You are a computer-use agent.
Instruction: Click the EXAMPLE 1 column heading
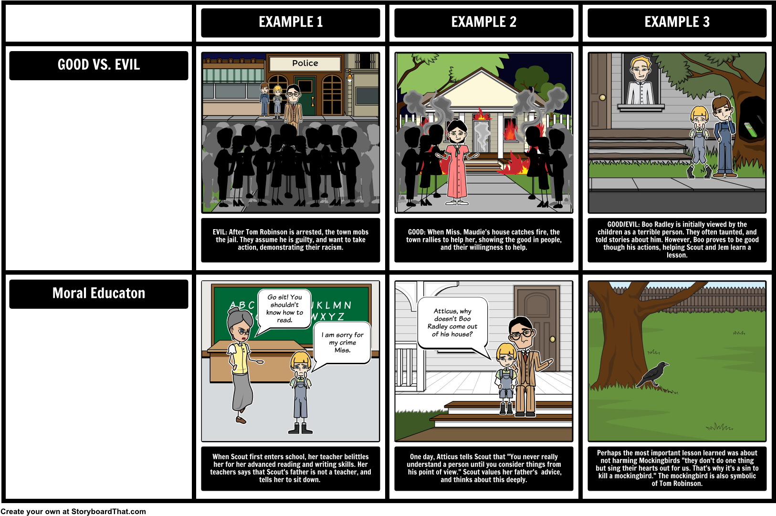tap(291, 22)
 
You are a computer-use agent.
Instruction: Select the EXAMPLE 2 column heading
tap(483, 22)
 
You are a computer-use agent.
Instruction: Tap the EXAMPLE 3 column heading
tap(677, 22)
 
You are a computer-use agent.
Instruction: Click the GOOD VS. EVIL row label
tap(99, 65)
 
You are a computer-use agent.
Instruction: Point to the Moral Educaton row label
tap(99, 293)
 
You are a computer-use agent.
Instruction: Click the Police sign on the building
tap(305, 63)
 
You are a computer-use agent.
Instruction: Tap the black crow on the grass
tap(654, 373)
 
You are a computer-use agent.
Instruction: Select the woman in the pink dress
tap(457, 162)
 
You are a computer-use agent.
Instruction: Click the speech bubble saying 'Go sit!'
tap(284, 308)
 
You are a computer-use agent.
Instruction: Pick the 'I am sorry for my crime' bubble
tap(342, 343)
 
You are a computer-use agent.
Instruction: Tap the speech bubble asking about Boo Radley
tap(452, 323)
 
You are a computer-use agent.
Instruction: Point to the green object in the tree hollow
tap(751, 129)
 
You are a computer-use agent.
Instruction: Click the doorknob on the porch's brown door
tap(552, 339)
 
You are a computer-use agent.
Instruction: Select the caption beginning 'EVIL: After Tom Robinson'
tap(290, 240)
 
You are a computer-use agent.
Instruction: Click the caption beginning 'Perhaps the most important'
tap(677, 468)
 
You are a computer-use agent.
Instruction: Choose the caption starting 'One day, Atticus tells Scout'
tap(484, 468)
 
